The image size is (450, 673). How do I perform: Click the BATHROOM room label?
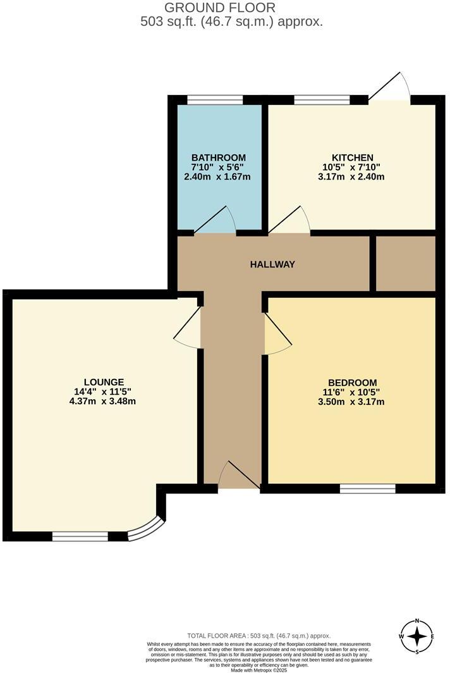(219, 157)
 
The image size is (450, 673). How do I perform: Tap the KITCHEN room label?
(353, 157)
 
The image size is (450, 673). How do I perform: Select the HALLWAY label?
(272, 264)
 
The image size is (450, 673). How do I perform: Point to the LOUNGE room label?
(104, 381)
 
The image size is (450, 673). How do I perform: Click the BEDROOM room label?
(353, 382)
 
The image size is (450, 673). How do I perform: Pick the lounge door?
(188, 326)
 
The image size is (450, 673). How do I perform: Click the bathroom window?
(215, 99)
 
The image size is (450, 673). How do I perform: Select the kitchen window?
(322, 99)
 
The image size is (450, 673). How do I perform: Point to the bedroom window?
(367, 488)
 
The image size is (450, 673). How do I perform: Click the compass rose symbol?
(417, 636)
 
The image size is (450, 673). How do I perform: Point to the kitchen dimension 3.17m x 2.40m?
(353, 176)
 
